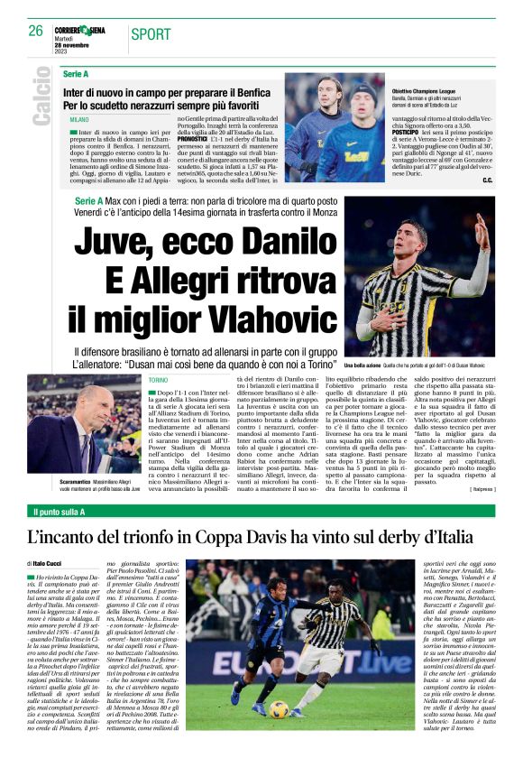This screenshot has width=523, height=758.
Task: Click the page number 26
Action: (x=36, y=30)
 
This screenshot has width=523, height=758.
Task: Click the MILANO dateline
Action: (x=79, y=119)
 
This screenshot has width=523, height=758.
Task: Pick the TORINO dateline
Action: (x=158, y=381)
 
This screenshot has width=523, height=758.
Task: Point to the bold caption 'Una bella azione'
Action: (x=364, y=365)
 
